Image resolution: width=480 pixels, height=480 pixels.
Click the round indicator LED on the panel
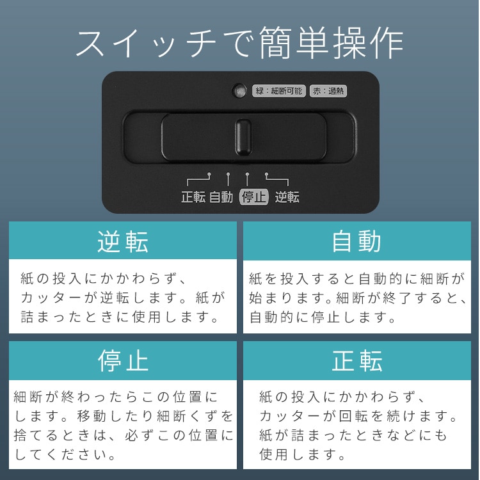click(x=239, y=91)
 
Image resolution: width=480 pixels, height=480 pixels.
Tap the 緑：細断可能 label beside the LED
click(x=278, y=91)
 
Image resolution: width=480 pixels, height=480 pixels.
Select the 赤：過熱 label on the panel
click(x=328, y=91)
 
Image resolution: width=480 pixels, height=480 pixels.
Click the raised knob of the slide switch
click(x=243, y=137)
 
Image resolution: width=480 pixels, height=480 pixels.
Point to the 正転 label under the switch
click(x=193, y=197)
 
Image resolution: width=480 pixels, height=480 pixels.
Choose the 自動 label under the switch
click(x=221, y=197)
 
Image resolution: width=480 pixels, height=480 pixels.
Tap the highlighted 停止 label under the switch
click(x=254, y=197)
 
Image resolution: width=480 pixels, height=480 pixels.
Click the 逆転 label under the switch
click(x=287, y=197)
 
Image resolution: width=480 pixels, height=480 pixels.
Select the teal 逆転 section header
click(x=123, y=241)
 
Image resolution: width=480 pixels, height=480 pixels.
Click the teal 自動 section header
click(x=357, y=241)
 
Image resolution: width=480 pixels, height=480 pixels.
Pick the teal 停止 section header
click(x=123, y=360)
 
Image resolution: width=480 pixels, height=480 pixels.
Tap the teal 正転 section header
click(x=357, y=360)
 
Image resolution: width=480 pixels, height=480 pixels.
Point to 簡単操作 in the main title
click(x=332, y=42)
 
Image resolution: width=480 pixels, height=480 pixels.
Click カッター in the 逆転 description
click(x=51, y=298)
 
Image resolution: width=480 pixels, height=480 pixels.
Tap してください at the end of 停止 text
click(x=65, y=454)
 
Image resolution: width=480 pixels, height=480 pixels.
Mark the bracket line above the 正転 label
click(x=198, y=179)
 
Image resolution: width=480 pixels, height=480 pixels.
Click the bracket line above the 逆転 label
click(x=276, y=179)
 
